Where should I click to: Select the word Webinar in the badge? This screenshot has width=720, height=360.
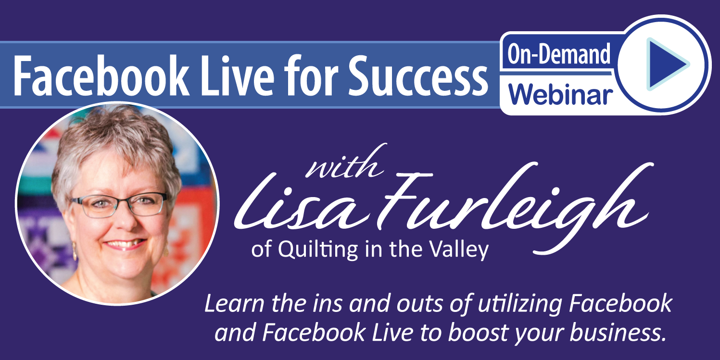tap(560, 94)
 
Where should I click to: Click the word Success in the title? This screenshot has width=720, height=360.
tap(417, 76)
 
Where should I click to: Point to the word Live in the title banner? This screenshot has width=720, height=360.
tap(238, 76)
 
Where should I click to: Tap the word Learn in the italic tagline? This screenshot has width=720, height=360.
tap(234, 303)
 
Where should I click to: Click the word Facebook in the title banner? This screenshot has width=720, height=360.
tap(101, 76)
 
